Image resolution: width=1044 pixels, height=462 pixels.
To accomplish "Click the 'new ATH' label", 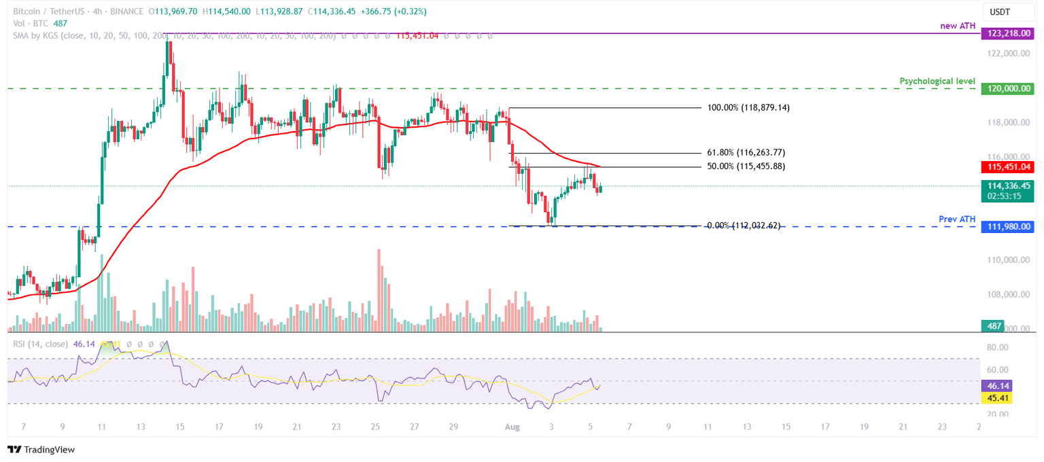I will point(958,26).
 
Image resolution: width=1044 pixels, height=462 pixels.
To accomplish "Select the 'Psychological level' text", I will point(937,81).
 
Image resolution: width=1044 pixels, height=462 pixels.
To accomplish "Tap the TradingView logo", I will point(41,449).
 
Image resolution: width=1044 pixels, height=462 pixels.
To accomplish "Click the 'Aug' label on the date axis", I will point(512,426).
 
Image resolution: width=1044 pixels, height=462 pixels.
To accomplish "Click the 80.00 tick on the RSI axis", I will point(998,347).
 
